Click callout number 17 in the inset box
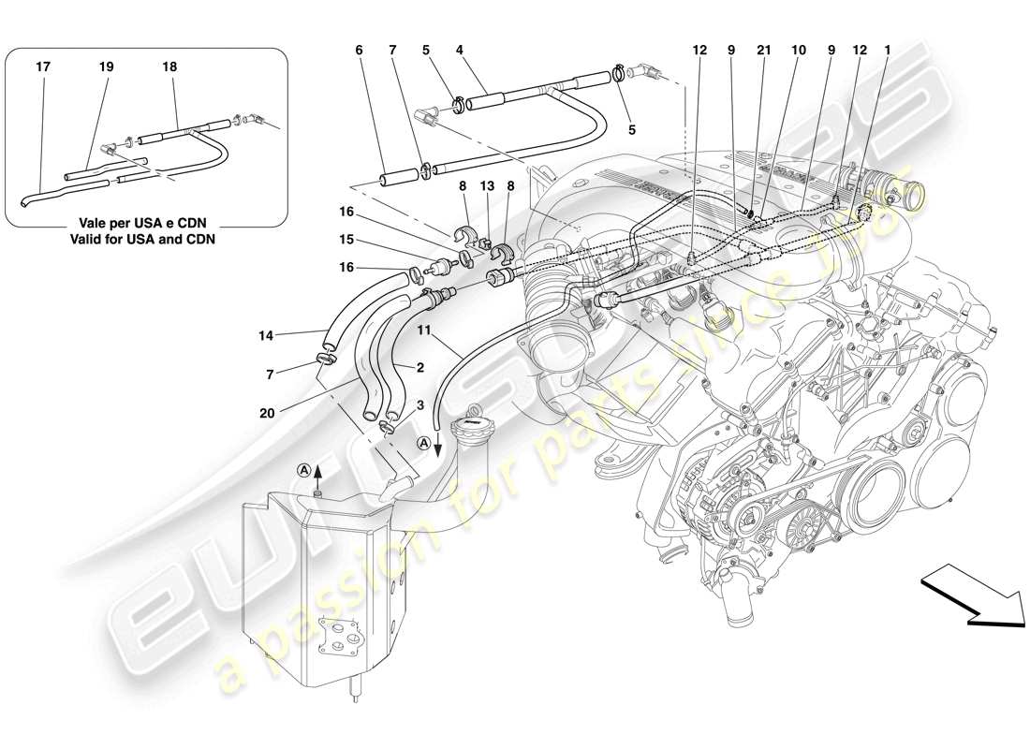tap(42, 67)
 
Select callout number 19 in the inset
tap(106, 67)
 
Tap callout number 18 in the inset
tap(169, 67)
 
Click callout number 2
tap(420, 369)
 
